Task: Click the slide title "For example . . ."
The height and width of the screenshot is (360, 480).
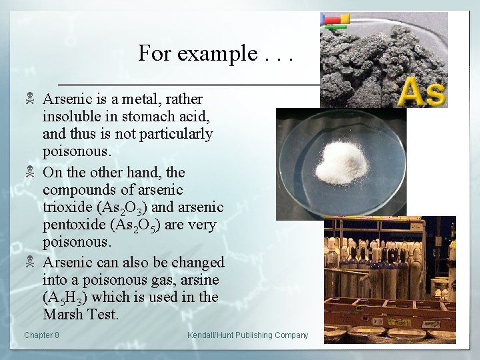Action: coord(215,53)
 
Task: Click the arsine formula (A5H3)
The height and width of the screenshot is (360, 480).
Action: coord(65,297)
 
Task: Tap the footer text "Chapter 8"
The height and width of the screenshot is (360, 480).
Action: coord(41,335)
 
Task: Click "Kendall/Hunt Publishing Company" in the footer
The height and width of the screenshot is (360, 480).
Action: coord(247,335)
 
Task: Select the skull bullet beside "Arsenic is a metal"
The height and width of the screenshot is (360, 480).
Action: coord(29,99)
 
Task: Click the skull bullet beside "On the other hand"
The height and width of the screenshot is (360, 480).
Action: coord(29,173)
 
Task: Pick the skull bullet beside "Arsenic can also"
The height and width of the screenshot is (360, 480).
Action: coord(29,262)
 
